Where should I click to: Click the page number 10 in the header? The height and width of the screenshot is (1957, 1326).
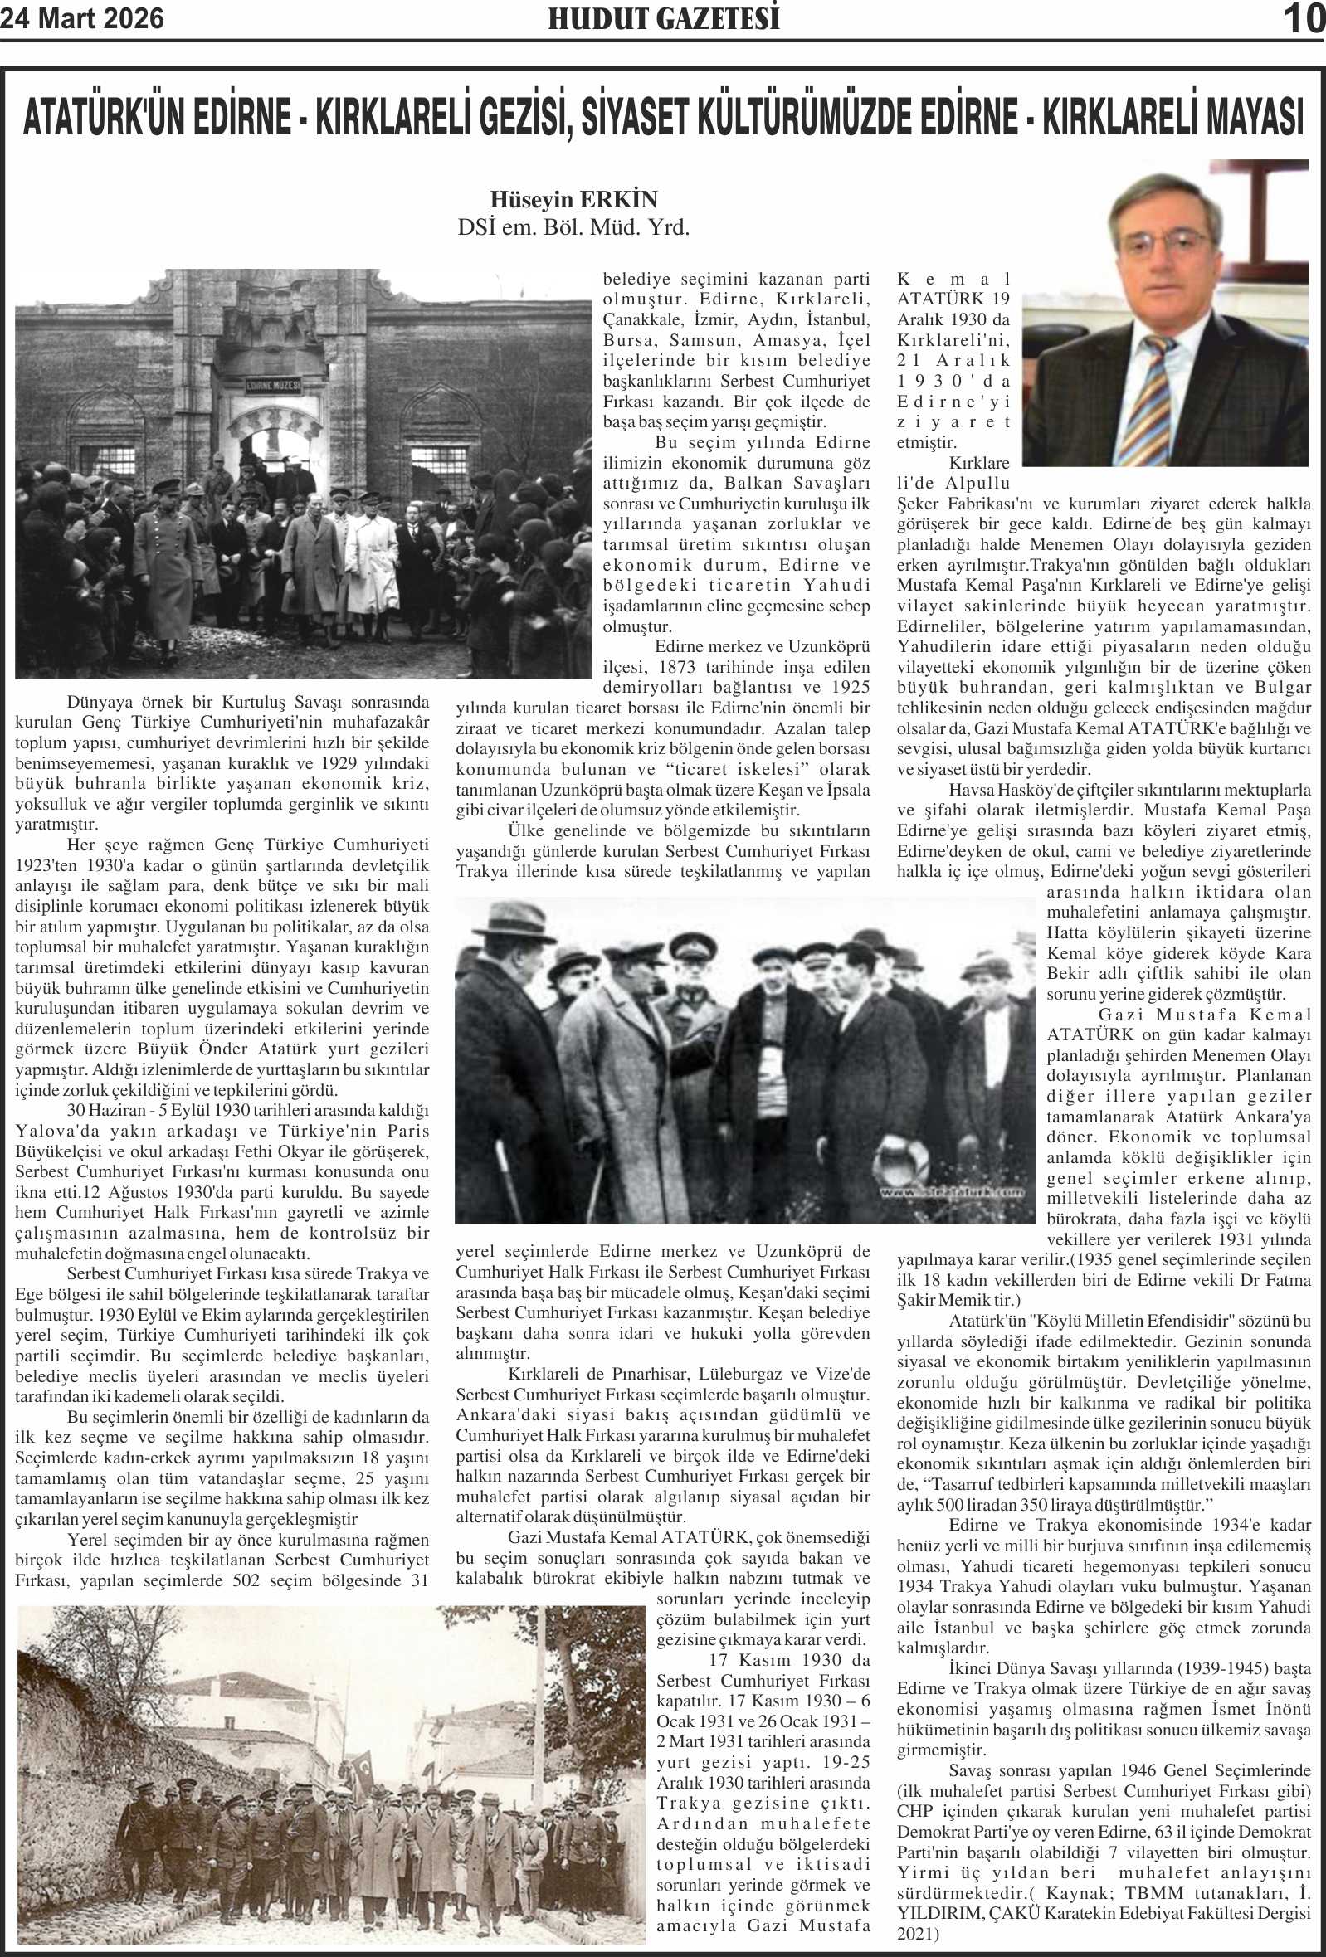(1303, 18)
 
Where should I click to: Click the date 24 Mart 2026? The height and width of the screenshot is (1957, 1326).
(81, 17)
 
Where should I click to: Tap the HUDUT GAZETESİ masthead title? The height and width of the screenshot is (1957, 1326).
(663, 18)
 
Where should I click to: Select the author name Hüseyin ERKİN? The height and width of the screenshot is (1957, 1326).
(573, 201)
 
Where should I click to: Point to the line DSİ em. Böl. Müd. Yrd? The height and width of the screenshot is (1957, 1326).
(573, 227)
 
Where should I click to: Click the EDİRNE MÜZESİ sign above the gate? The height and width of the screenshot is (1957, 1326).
(273, 386)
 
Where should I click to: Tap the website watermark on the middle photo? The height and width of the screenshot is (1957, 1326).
(952, 1192)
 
